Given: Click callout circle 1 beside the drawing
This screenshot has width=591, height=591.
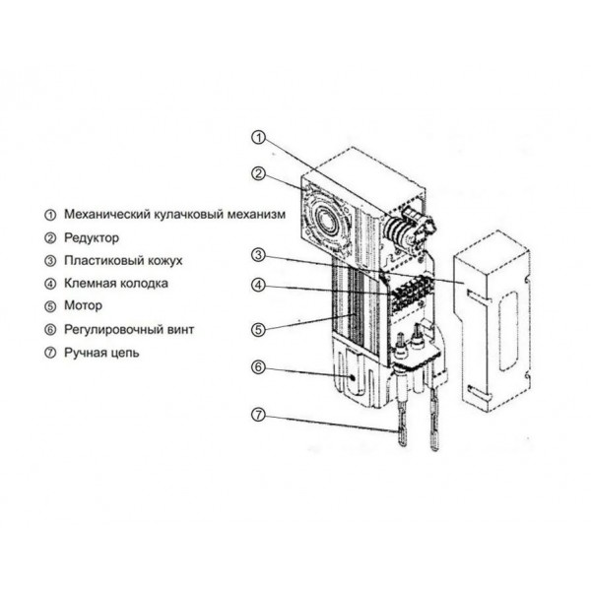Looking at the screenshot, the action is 258,137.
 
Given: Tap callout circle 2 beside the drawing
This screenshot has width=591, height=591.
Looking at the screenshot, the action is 258,173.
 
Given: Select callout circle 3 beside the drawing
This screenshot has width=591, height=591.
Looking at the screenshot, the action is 258,255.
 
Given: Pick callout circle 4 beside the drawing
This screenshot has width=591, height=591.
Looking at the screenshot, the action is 258,285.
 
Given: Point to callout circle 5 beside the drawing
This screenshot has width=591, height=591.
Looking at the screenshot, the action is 258,330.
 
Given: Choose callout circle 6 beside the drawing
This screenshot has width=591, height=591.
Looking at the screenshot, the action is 258,366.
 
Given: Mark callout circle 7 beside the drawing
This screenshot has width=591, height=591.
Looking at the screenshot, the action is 258,415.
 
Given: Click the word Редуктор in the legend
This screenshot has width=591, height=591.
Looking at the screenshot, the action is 92,238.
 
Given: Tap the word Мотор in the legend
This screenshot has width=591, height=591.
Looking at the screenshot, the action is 83,305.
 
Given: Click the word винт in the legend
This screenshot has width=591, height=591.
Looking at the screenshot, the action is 180,329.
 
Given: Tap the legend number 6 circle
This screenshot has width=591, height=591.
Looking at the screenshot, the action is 50,330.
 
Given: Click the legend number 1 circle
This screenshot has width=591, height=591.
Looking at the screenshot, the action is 50,215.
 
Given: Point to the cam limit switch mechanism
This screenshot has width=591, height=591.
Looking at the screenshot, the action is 409,230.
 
